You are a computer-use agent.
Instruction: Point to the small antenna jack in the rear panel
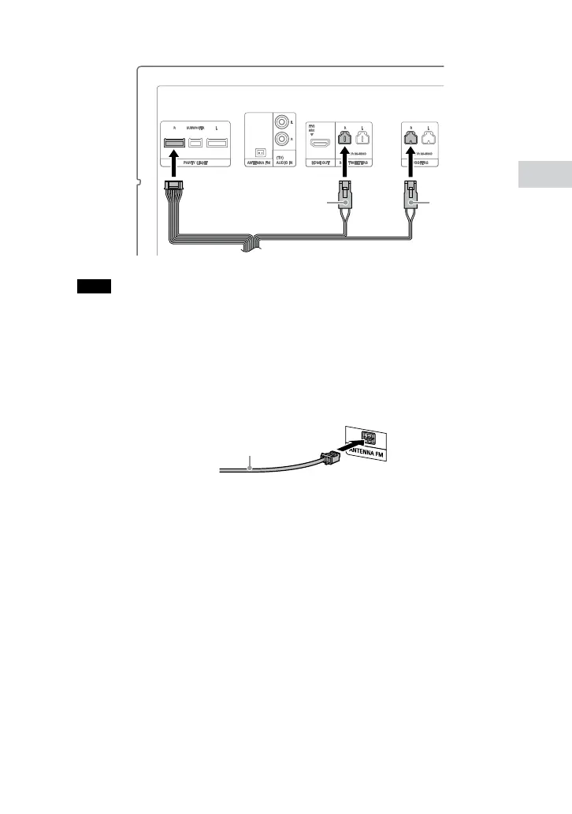259,152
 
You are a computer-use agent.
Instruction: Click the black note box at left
92,286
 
